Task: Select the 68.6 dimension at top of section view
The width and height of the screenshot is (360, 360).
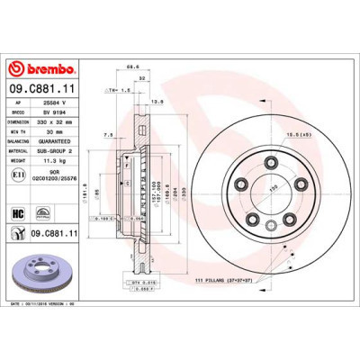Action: [131, 66]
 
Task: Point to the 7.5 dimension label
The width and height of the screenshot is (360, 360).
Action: [107, 136]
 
